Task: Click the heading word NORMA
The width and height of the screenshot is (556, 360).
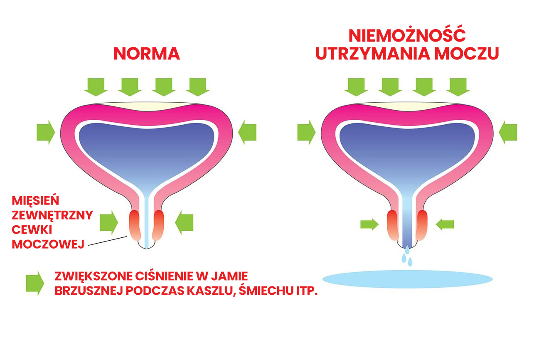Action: tap(147, 54)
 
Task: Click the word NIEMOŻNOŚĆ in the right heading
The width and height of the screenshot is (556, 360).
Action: tap(407, 36)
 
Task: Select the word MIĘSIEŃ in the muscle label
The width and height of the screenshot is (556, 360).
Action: tap(36, 201)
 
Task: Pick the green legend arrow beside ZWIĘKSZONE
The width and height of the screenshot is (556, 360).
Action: tap(35, 283)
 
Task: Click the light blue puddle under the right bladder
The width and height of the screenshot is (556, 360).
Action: tap(407, 279)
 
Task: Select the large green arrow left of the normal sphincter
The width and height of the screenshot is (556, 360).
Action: tap(109, 222)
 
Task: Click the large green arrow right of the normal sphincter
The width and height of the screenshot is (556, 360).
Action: tap(184, 222)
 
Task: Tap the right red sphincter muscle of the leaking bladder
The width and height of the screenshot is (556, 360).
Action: tap(422, 225)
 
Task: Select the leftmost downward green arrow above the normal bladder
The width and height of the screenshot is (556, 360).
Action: tap(96, 86)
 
